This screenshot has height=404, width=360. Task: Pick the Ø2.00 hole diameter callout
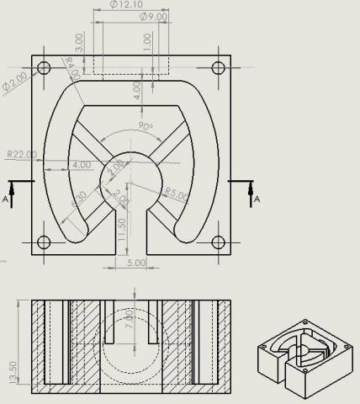click(x=16, y=82)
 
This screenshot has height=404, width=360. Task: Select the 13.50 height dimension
click(x=12, y=371)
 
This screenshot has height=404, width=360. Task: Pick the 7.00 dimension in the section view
click(x=130, y=320)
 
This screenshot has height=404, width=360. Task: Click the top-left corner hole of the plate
click(x=44, y=67)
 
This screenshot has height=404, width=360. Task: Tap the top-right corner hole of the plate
click(x=219, y=67)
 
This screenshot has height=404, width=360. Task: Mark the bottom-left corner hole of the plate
click(x=44, y=243)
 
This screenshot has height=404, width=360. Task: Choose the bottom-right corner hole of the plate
click(x=219, y=243)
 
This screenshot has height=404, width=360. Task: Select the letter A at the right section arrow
click(x=258, y=199)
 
